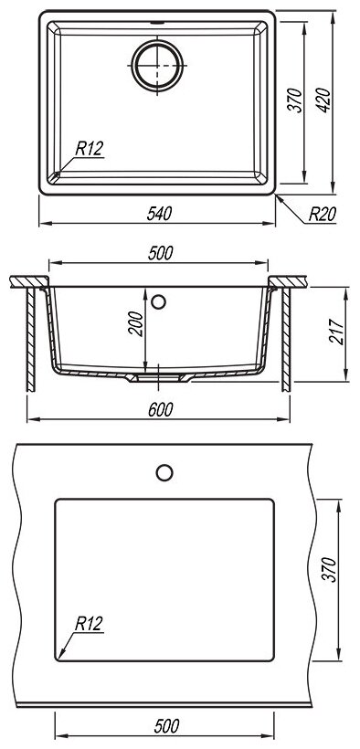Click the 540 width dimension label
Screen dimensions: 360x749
[x=159, y=214]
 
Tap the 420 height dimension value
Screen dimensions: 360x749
[x=323, y=100]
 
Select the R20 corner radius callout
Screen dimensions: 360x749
[x=323, y=214]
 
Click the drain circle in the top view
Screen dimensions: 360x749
[x=157, y=66]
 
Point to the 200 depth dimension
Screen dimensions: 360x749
[x=136, y=323]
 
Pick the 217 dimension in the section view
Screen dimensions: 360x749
[x=336, y=331]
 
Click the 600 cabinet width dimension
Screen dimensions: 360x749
[x=159, y=409]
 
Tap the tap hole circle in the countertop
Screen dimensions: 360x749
[x=164, y=472]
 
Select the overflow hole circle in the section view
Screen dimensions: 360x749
[x=158, y=301]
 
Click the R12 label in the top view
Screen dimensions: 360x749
[x=90, y=149]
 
